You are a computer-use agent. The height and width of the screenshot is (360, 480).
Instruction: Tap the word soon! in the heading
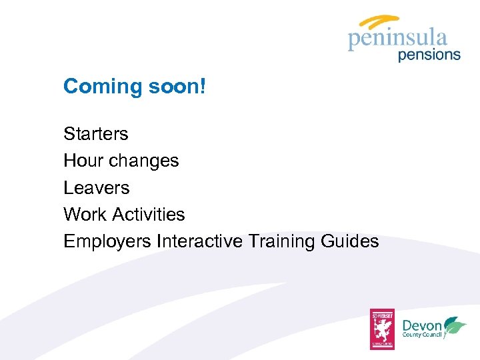[x=175, y=86]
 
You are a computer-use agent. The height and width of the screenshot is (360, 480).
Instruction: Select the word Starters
[x=95, y=134]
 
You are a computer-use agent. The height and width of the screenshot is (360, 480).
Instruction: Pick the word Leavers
[x=96, y=188]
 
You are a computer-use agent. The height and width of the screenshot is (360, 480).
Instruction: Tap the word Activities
[x=148, y=215]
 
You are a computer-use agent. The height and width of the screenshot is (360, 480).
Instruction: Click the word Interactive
[x=199, y=241]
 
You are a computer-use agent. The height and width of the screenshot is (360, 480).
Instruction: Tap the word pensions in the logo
[x=429, y=55]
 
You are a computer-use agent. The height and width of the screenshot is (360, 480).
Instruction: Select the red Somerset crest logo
[x=383, y=329]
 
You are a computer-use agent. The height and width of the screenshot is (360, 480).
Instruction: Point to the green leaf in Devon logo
[x=455, y=326]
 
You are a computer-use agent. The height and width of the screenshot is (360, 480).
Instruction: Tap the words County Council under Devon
[x=423, y=336]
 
